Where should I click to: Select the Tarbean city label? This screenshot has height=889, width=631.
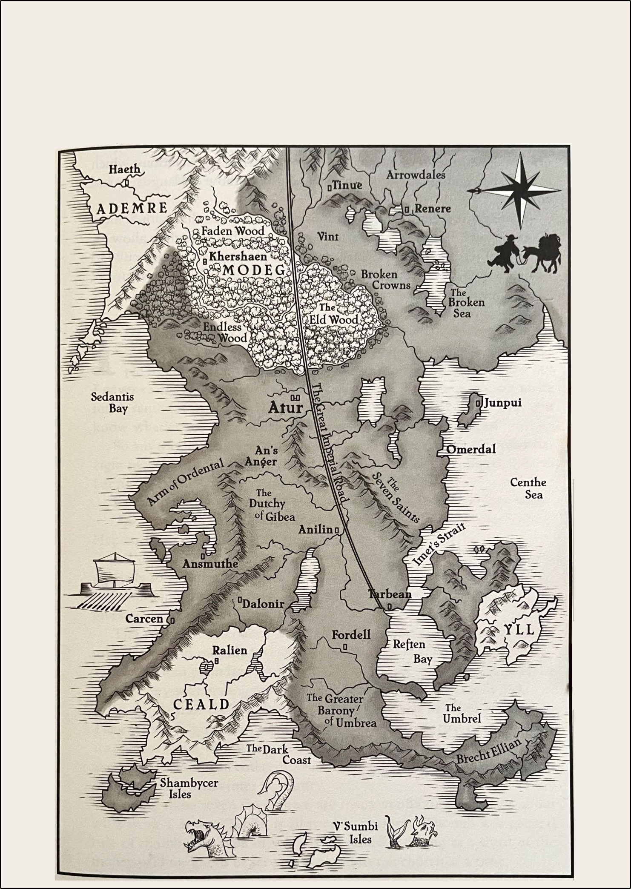pos(389,594)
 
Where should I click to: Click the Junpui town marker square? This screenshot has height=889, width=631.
pos(477,402)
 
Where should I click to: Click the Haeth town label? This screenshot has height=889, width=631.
pos(124,169)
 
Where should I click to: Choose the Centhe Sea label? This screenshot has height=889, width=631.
pos(528,488)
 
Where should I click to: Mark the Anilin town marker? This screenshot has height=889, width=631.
pos(336,530)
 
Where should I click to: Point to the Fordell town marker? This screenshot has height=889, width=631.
pos(344,647)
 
